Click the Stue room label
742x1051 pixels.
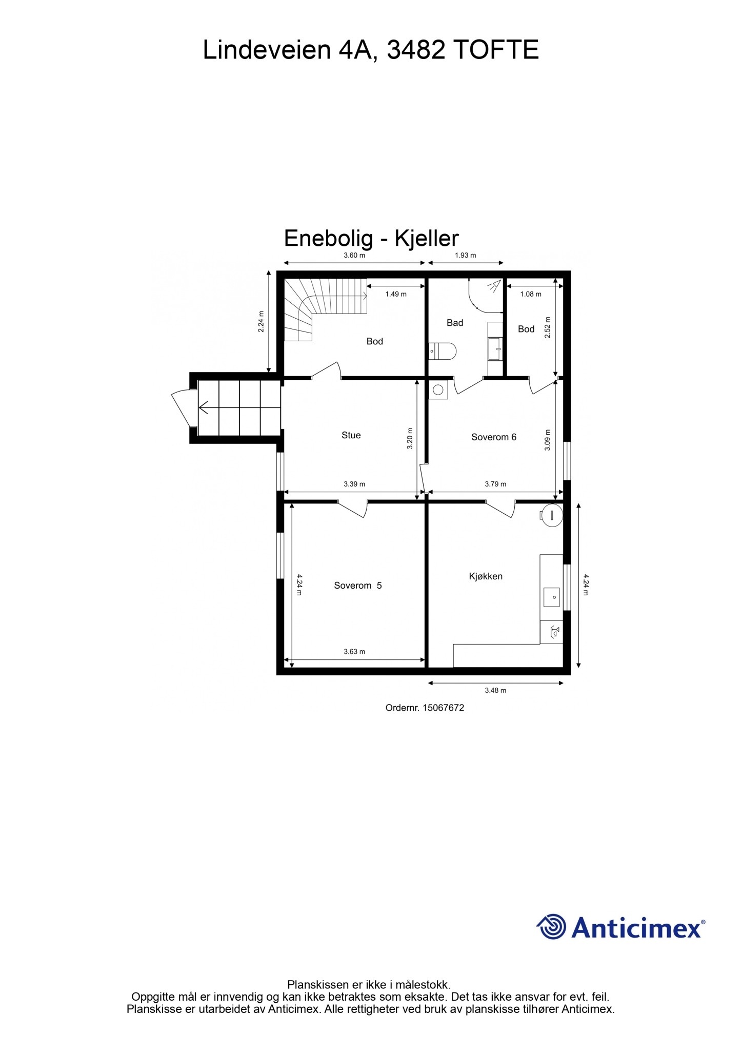(351, 435)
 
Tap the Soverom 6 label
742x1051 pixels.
(494, 437)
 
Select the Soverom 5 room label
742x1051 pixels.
(358, 586)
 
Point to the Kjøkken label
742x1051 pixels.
(486, 576)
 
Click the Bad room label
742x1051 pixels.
(455, 323)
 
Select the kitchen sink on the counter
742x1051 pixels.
(552, 597)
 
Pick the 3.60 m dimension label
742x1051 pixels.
(354, 255)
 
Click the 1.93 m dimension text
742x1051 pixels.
(466, 255)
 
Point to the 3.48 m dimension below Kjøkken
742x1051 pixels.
(495, 690)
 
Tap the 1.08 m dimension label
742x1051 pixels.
(531, 294)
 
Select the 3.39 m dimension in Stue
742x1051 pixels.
(354, 484)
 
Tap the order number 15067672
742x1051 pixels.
(444, 708)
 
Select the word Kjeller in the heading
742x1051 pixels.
(427, 239)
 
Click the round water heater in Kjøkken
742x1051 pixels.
(552, 515)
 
